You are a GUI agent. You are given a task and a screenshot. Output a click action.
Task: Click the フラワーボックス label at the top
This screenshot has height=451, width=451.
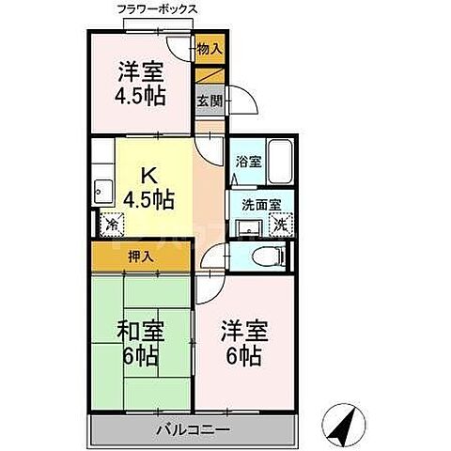(x=157, y=8)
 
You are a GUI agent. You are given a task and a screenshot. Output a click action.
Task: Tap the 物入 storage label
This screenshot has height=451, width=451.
(x=210, y=49)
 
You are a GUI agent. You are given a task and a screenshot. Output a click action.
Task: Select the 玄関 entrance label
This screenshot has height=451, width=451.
(x=209, y=100)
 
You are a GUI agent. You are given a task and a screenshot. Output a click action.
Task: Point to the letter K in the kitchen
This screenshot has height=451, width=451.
(x=148, y=175)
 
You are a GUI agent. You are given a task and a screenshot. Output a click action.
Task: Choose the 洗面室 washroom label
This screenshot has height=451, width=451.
(x=255, y=206)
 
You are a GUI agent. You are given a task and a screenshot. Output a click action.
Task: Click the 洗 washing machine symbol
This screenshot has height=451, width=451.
(x=279, y=225)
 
